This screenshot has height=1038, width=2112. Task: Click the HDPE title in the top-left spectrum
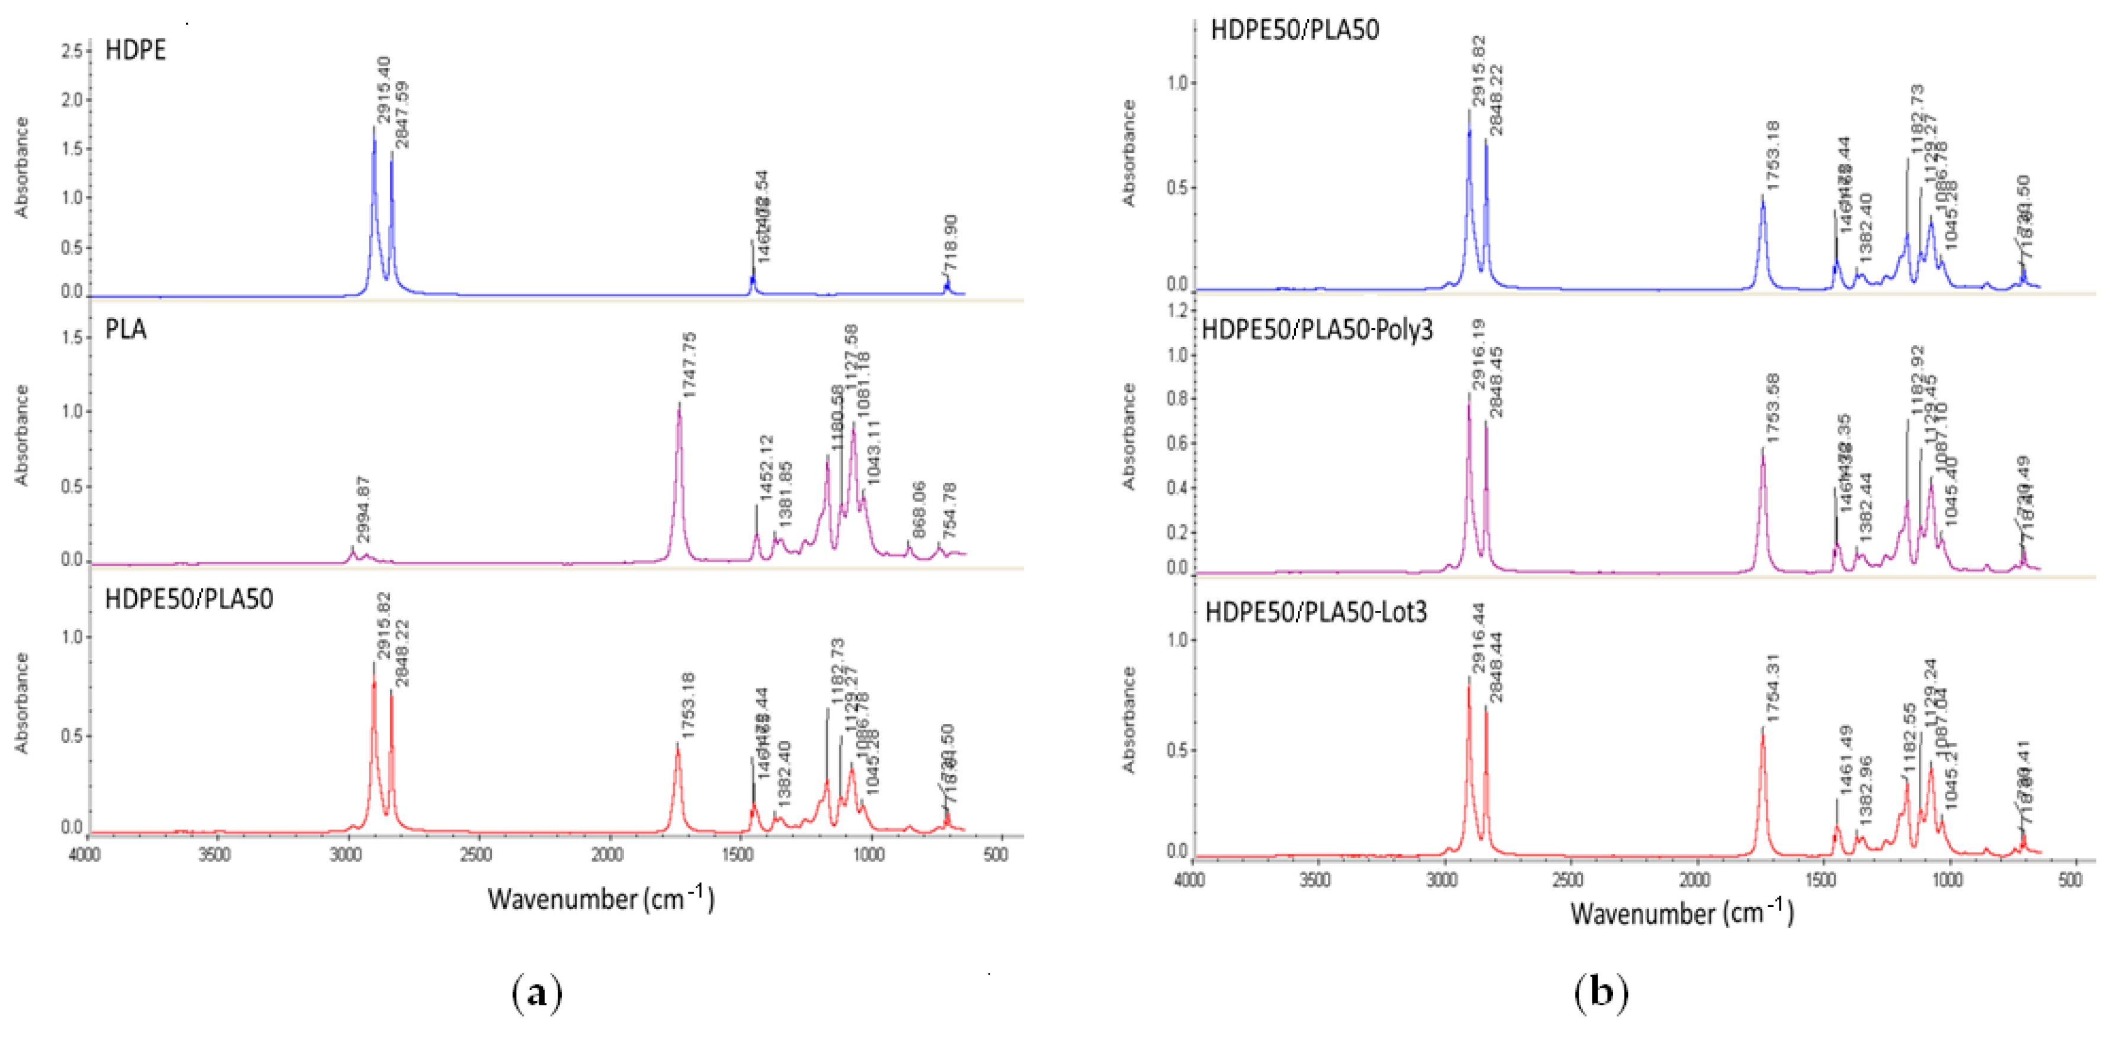click(135, 50)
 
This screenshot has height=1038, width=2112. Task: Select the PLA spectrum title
click(126, 329)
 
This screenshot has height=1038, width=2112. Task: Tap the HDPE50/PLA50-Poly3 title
click(1317, 329)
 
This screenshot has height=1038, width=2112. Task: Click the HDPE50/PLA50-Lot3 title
click(1316, 611)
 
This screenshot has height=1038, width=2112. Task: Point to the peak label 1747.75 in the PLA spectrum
click(689, 365)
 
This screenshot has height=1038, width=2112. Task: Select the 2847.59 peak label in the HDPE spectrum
click(402, 115)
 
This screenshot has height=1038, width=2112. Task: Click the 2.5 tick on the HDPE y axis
click(72, 52)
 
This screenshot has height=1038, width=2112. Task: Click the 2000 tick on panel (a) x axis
click(607, 855)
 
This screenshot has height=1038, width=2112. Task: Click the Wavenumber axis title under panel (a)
click(601, 899)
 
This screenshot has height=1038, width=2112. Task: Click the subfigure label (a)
click(537, 994)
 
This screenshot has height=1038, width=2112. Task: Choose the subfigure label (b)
click(1601, 993)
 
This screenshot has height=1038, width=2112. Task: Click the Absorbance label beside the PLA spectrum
click(21, 434)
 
